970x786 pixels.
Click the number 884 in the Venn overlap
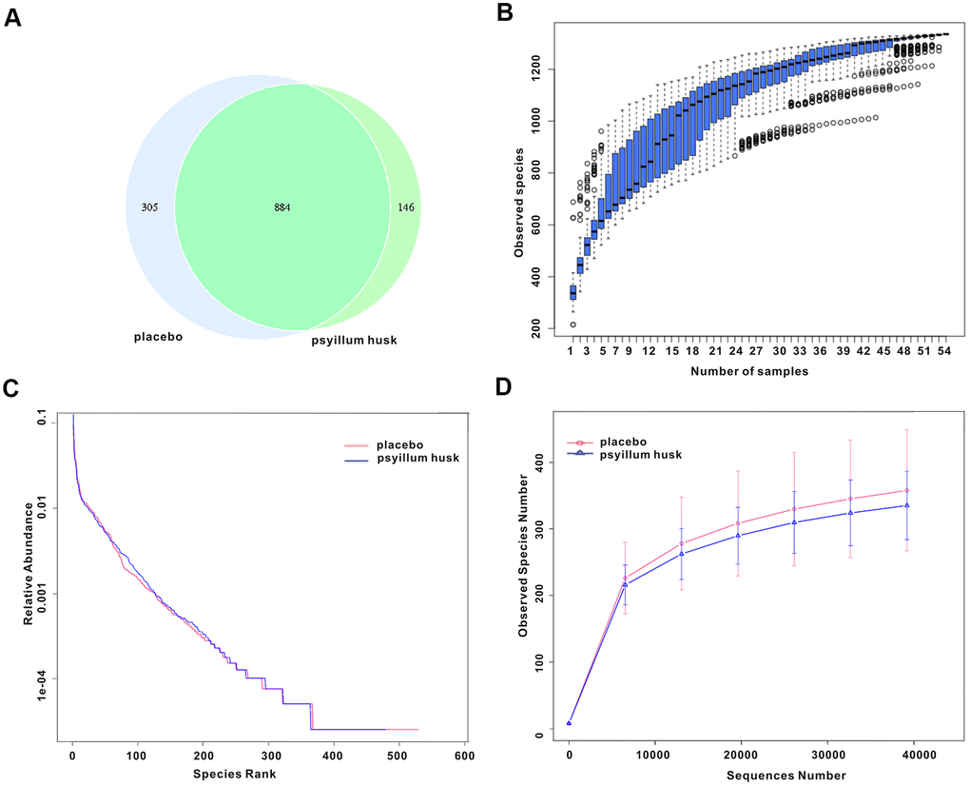tap(282, 206)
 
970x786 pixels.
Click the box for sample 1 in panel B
tap(572, 292)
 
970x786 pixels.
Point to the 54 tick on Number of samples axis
tap(943, 351)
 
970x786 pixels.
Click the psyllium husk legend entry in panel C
tap(417, 458)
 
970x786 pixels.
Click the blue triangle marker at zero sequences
tap(569, 723)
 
